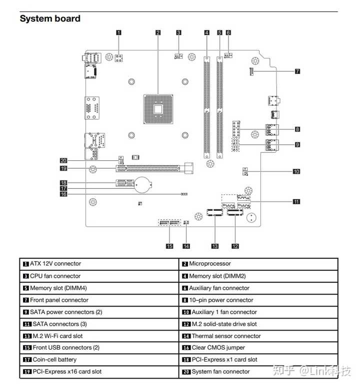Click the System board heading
[50, 19]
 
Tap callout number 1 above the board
[118, 32]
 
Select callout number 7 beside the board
[297, 71]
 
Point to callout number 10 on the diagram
[296, 171]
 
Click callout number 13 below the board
[215, 246]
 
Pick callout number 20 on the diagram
[63, 161]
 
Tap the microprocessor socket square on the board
[158, 108]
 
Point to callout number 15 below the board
[169, 246]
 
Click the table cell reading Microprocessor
[210, 264]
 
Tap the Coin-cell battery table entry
[54, 360]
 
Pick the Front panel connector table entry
[59, 300]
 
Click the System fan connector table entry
[220, 372]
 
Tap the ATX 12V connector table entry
[55, 264]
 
